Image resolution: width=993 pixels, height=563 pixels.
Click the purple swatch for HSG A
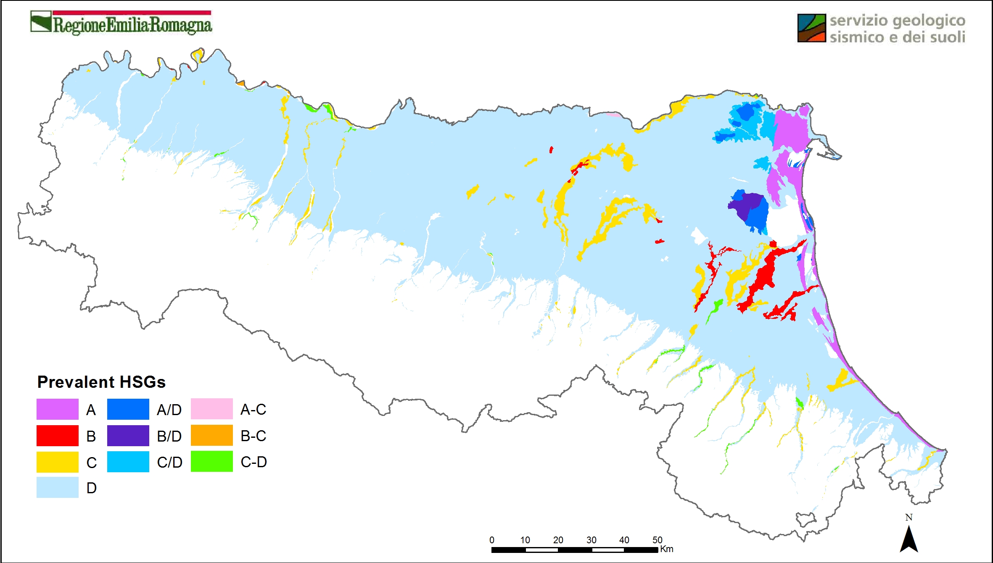[57, 409]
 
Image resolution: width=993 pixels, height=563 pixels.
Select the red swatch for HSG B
[57, 436]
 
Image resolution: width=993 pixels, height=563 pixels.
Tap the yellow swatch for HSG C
[57, 462]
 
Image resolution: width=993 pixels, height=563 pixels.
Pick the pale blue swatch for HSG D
[57, 487]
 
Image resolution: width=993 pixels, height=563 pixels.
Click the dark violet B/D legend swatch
[128, 436]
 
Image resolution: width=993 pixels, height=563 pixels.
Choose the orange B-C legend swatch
[211, 435]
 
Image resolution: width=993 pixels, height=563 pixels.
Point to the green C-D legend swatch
[211, 461]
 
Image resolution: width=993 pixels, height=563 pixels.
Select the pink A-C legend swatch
[211, 409]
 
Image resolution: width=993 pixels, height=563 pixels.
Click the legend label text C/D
[169, 462]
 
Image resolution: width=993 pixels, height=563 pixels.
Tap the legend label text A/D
[169, 410]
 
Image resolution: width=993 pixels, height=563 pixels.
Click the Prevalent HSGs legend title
[101, 382]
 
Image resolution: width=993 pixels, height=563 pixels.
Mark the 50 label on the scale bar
[657, 540]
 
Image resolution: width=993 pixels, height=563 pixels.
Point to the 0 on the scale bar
[492, 540]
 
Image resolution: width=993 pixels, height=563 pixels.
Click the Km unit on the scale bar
[667, 549]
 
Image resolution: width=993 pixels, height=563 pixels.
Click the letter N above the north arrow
[908, 518]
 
